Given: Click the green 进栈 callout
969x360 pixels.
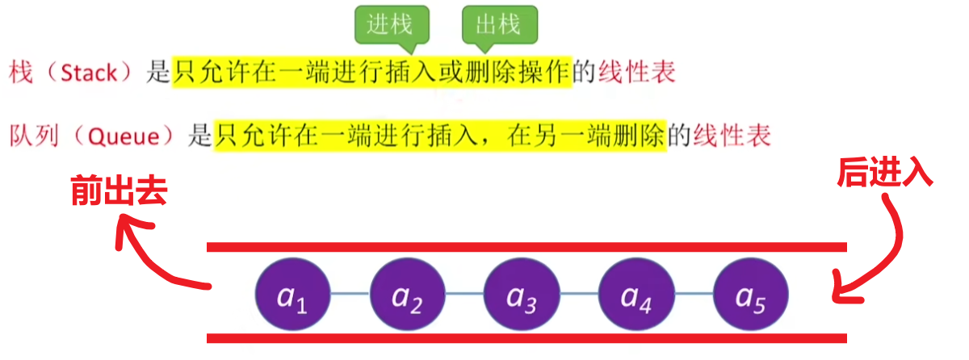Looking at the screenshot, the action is tap(391, 25).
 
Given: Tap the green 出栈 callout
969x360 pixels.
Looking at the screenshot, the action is tap(499, 25).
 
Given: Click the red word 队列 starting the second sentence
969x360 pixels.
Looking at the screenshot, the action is tap(32, 135).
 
